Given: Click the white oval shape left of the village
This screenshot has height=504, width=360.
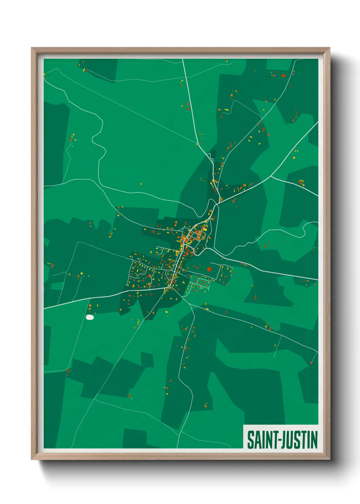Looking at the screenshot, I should tap(90, 317).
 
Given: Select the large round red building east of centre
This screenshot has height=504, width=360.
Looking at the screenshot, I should tap(209, 269).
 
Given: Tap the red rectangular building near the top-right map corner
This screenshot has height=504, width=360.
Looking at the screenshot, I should tap(283, 76).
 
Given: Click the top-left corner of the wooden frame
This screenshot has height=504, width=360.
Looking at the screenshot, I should tap(32, 48).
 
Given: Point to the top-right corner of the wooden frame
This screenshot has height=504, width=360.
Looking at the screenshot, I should tap(329, 48).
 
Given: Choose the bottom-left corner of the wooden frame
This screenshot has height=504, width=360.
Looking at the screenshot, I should tap(32, 459).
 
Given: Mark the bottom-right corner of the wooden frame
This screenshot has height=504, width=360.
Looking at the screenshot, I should tap(329, 459).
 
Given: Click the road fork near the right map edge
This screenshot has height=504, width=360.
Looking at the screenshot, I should tap(271, 176).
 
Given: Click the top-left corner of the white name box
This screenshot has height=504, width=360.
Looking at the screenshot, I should tap(244, 425).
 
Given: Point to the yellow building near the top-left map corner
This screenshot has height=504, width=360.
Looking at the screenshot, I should tap(84, 70).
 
